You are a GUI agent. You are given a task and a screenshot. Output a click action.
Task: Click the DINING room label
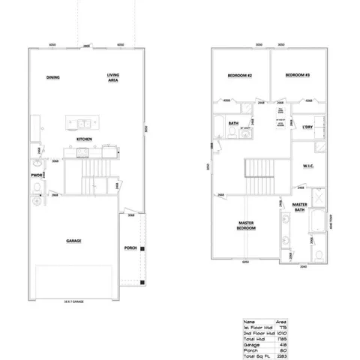point(52,77)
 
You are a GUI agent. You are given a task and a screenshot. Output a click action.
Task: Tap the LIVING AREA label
point(113,78)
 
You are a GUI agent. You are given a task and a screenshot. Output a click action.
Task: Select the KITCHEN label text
point(84,139)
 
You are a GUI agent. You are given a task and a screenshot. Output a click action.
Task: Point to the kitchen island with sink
point(83,122)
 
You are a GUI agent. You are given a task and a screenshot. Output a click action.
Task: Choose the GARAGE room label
point(73,241)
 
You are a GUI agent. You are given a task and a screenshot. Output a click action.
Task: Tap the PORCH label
point(130,248)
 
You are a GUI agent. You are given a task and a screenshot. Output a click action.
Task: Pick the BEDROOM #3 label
point(298,76)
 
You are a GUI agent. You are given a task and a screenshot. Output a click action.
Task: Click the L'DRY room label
point(307,127)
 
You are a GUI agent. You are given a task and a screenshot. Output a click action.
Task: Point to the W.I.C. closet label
point(307,166)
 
